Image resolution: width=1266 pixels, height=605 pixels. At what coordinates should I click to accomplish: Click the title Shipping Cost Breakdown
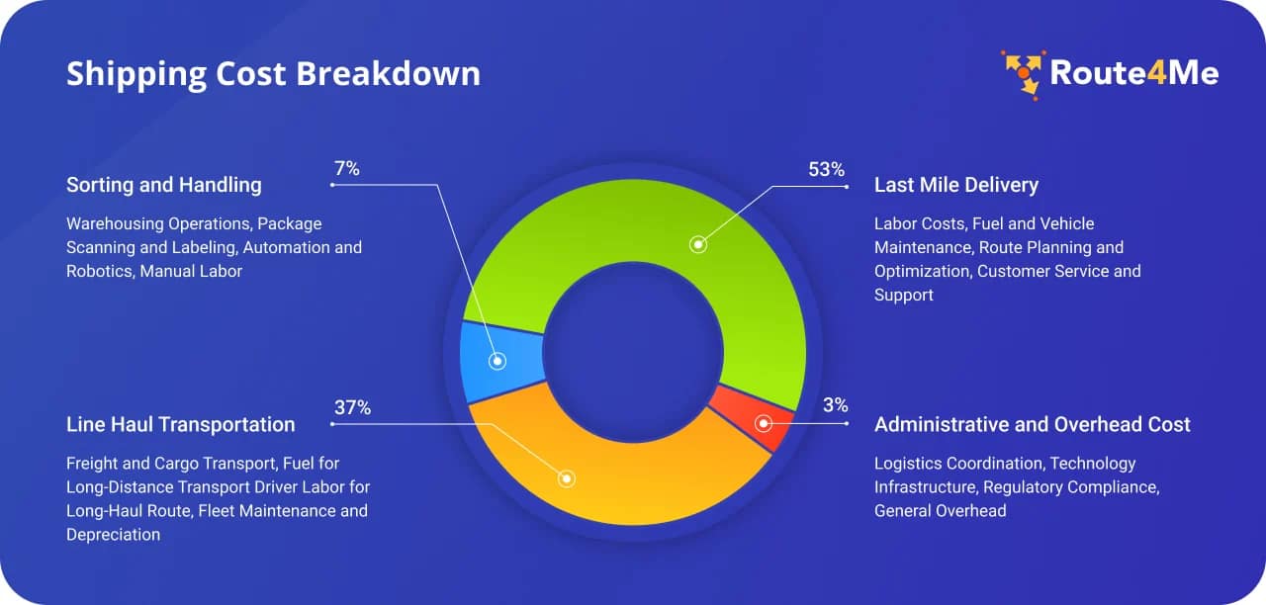coord(273,74)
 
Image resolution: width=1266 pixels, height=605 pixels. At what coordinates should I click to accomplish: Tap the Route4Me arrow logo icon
coord(1022,74)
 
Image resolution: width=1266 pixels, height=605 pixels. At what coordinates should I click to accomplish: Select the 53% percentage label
coord(826,169)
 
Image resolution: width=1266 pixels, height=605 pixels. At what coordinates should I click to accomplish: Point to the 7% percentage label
coord(347,169)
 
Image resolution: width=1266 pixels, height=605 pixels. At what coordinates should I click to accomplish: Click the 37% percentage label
coord(352,407)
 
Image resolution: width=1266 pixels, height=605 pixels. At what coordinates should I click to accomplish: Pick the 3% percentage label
coord(835,404)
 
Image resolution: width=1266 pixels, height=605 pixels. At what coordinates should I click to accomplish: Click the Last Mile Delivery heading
coord(955,185)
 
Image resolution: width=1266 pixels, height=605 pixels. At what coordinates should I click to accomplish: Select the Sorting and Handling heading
coord(163,185)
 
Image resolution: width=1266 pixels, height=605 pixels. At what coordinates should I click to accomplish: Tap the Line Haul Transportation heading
coord(180,424)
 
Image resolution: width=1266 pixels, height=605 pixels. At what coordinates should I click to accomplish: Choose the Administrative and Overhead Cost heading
coord(1032,424)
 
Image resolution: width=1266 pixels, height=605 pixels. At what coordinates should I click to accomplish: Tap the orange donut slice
coord(633,484)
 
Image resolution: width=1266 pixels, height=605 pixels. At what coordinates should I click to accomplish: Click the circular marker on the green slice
coord(698,243)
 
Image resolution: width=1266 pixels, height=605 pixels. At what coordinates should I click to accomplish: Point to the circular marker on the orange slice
coord(567,478)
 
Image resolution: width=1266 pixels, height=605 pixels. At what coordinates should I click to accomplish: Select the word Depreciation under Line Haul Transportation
coord(113,535)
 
